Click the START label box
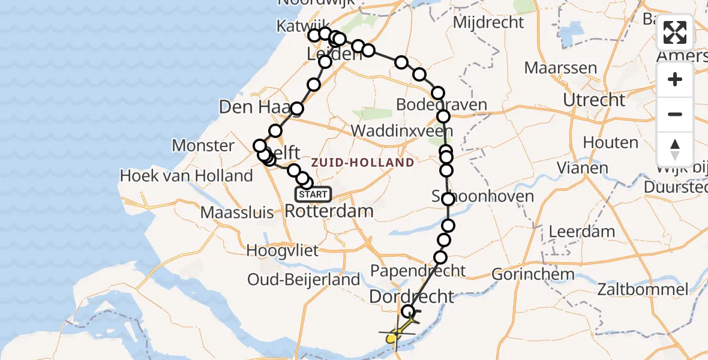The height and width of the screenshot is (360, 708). coord(313,194)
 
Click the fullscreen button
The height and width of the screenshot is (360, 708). coord(675,32)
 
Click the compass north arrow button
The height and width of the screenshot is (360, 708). coord(675,149)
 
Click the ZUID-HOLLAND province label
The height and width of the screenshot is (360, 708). coord(362,162)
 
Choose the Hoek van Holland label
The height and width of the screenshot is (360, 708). coord(187,176)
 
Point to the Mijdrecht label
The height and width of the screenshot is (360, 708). coord(488,23)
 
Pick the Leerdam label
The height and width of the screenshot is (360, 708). coord(581,231)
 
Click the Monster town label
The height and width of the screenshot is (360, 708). coord(203,145)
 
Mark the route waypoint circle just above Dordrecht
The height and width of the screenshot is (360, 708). coord(408,311)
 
